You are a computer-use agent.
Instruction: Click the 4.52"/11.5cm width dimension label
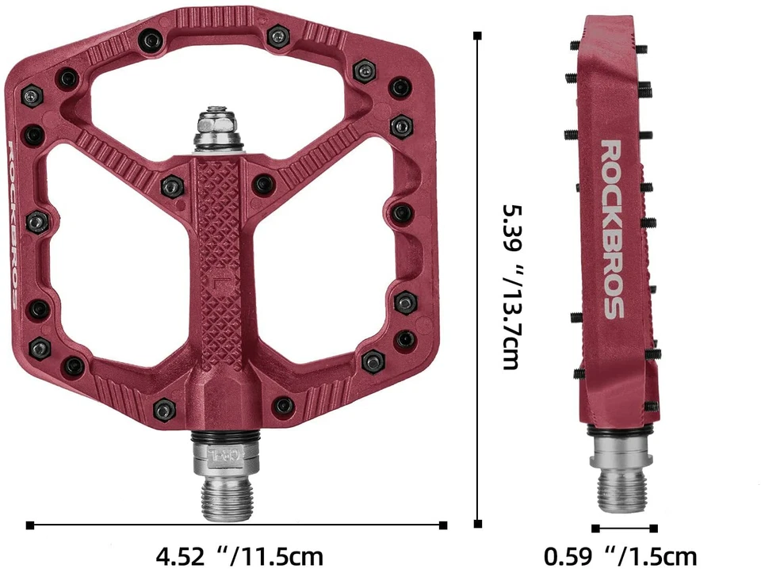239,556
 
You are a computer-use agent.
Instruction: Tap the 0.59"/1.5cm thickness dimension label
620,556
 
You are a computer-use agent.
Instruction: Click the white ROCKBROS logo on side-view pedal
612,230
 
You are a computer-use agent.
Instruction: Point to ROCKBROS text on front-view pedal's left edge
13,225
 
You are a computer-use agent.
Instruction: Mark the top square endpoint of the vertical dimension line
477,36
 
